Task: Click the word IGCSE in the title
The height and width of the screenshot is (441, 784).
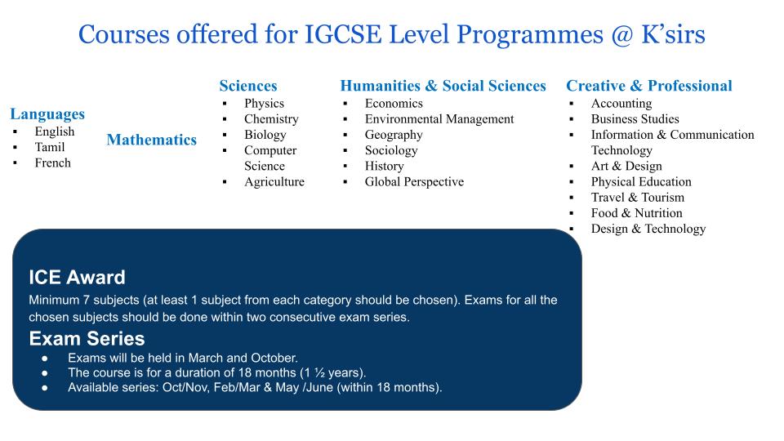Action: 343,34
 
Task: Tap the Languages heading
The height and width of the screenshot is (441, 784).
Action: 47,114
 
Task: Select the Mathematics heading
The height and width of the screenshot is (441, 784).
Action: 152,140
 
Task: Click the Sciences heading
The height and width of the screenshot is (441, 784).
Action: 248,86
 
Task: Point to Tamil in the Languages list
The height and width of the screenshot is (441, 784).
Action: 50,147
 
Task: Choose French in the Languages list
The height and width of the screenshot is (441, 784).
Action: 52,163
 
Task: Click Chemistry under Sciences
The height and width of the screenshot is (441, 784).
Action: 271,119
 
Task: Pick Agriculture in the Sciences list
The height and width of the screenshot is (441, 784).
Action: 274,181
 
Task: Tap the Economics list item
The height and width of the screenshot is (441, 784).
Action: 394,103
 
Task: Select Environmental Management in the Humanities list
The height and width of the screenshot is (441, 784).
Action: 439,119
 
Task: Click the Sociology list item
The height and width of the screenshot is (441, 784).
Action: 391,150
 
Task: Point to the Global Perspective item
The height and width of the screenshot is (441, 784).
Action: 414,181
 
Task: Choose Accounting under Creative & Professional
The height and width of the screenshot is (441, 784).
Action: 621,104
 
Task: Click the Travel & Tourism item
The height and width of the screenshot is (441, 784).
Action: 638,197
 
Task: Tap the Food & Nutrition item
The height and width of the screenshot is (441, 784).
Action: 636,213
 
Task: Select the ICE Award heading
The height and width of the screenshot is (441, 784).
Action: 77,277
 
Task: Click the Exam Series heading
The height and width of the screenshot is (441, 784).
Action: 87,338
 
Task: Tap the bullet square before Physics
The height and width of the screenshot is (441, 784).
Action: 225,104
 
